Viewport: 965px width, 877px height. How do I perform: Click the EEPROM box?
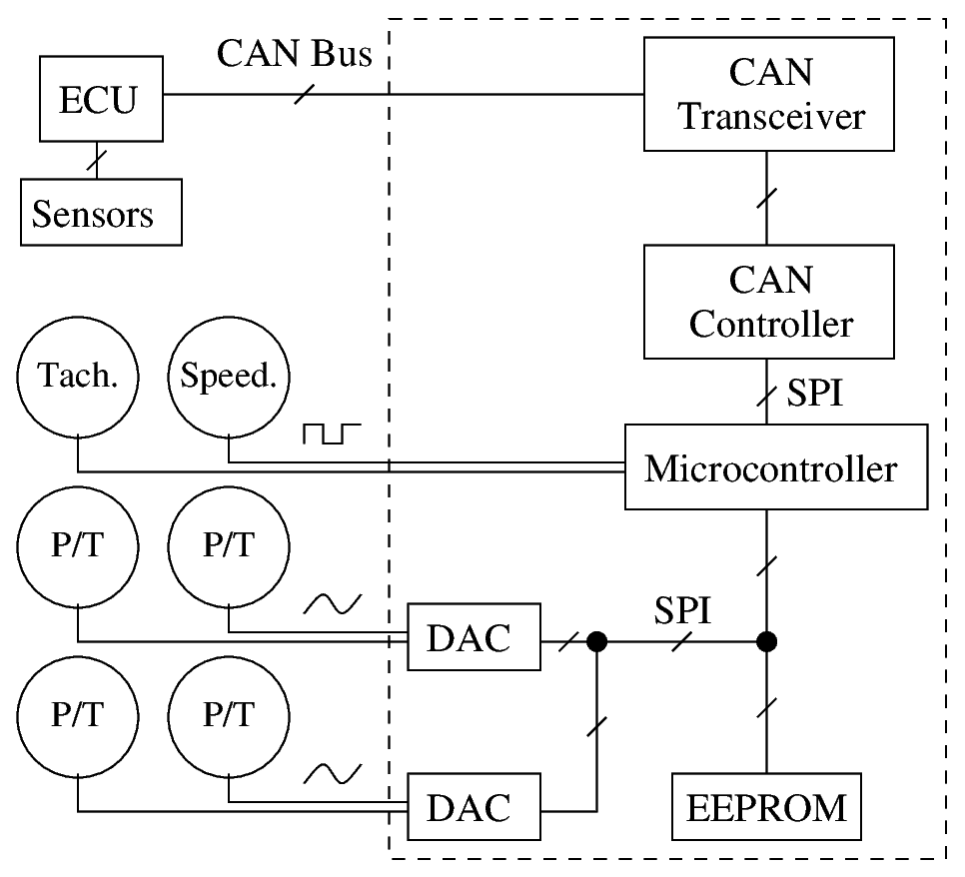(x=767, y=806)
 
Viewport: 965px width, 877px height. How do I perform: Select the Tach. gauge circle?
(x=77, y=377)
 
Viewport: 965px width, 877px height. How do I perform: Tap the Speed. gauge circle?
(x=228, y=377)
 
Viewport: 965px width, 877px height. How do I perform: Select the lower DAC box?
(x=474, y=806)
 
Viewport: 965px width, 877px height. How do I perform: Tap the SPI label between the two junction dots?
(x=682, y=609)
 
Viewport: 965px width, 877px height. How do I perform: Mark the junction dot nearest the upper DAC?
(x=596, y=639)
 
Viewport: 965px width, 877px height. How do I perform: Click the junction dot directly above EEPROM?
(x=766, y=639)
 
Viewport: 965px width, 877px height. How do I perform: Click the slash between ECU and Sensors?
(x=98, y=157)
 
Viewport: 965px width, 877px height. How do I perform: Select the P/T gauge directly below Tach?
(x=77, y=545)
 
